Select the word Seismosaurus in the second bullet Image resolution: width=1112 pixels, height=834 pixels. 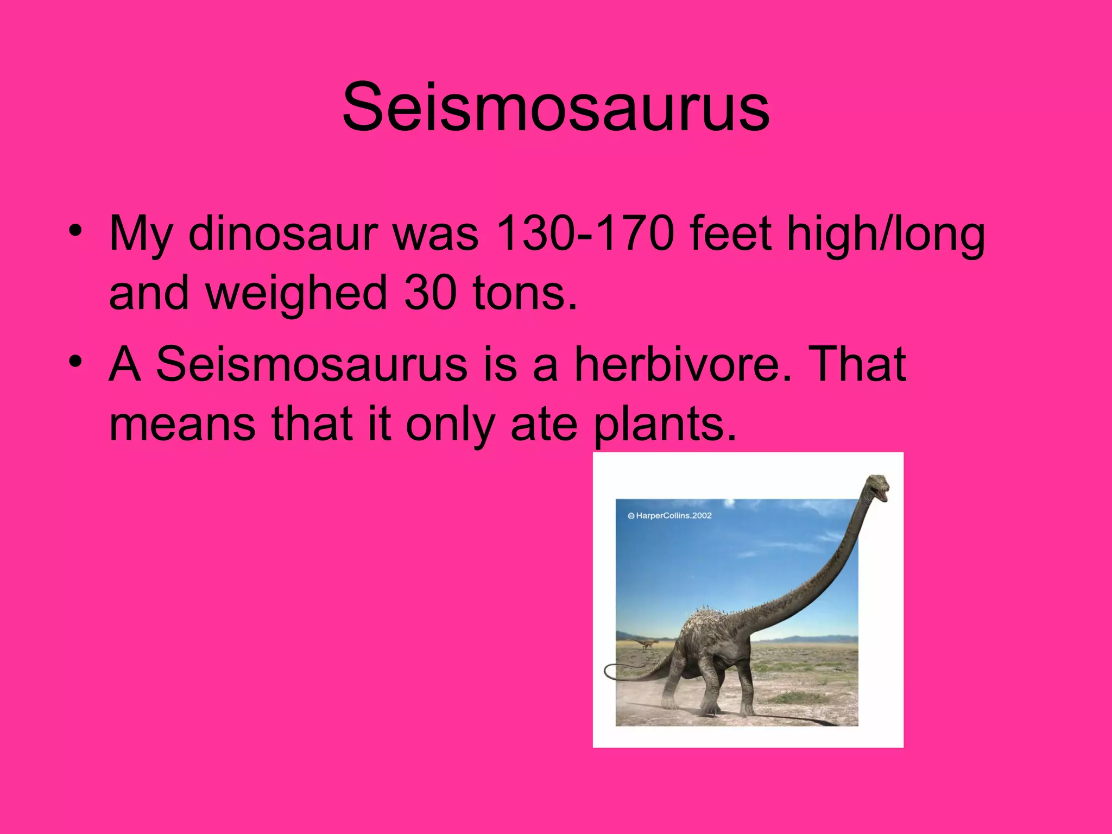[311, 364]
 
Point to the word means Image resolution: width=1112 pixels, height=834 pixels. [182, 425]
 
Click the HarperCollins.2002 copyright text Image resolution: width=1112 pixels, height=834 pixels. [669, 515]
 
